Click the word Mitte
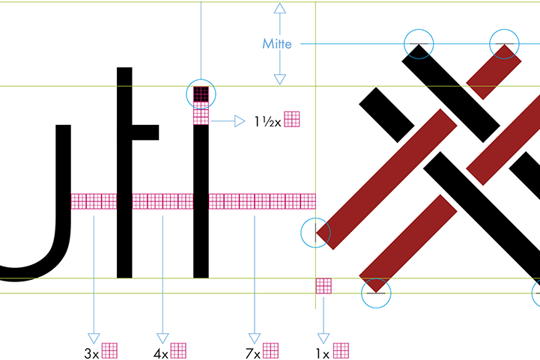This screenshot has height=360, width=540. (x=276, y=44)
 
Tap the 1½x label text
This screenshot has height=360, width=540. (x=267, y=120)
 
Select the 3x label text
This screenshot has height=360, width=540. (x=91, y=352)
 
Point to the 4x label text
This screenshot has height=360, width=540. (x=160, y=352)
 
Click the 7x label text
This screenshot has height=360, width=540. (x=252, y=352)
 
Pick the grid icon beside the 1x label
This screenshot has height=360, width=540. (x=341, y=350)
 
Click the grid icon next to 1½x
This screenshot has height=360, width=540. (x=292, y=119)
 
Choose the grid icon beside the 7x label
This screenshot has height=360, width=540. (x=270, y=350)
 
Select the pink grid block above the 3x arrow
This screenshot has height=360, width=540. (x=94, y=201)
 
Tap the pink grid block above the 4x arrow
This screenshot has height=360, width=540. (x=163, y=201)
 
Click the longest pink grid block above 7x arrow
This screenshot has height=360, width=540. (x=261, y=201)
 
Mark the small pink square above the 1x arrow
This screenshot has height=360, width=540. (x=324, y=285)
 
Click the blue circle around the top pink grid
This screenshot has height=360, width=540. (x=201, y=94)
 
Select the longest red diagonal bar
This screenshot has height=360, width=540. (x=387, y=179)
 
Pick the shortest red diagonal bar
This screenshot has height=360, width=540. (x=494, y=72)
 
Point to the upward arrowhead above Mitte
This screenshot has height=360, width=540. (x=279, y=9)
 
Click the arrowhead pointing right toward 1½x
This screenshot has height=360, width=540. (x=240, y=120)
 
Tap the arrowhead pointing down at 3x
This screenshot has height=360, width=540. (x=94, y=338)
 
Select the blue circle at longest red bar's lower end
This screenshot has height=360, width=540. (x=315, y=233)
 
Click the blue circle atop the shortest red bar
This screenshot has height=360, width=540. (x=504, y=43)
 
